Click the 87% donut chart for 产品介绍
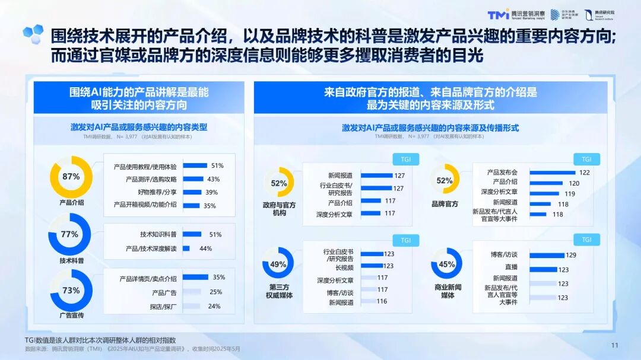71,177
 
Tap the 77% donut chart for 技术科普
69,234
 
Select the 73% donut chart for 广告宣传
71,291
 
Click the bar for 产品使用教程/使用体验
195,166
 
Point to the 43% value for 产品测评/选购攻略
213,179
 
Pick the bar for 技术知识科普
192,234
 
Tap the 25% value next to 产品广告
215,292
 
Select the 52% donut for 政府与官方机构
279,183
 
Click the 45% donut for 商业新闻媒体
446,265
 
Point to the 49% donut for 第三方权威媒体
278,265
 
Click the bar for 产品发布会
553,173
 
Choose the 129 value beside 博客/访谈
571,255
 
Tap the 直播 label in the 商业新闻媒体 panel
510,268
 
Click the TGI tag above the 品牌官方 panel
586,159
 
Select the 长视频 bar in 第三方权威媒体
372,266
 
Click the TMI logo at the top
498,14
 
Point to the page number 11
615,346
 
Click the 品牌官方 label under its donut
445,204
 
